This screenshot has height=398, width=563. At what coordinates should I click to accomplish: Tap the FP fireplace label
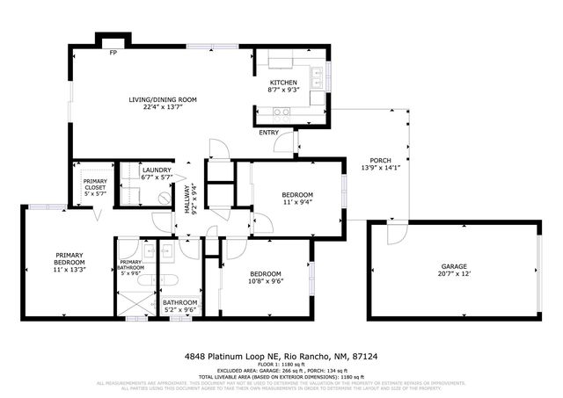point(113,54)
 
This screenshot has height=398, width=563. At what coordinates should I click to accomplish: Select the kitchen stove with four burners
point(283,112)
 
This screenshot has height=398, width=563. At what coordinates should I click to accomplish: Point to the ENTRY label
point(269,133)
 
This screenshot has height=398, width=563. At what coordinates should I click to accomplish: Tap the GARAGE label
point(454,266)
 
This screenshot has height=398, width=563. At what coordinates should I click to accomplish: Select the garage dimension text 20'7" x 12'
point(454,274)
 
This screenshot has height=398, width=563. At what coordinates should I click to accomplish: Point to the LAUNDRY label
point(157,170)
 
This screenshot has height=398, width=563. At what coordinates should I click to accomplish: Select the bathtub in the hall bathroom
point(171,281)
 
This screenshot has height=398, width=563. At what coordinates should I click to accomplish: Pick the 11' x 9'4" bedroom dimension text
point(296,202)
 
